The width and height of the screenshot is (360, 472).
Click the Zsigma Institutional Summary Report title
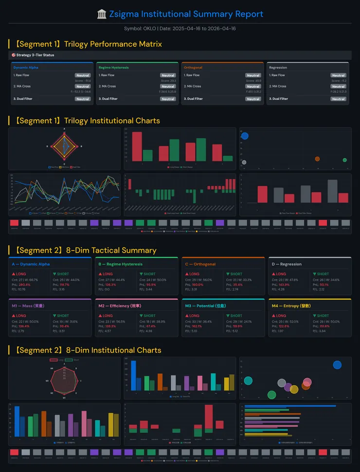click(180, 14)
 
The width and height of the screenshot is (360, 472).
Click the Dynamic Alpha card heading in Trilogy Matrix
click(26, 68)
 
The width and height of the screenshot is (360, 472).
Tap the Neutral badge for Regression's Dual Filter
click(338, 99)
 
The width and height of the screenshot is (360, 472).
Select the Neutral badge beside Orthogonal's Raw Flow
click(253, 75)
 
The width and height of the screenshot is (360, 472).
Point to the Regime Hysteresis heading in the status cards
click(113, 68)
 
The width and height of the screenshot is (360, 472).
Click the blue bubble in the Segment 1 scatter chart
click(245, 136)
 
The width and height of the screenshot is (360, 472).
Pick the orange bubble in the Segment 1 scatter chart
click(317, 159)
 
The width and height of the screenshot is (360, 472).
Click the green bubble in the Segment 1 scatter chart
click(344, 160)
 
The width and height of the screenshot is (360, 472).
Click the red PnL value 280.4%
click(24, 285)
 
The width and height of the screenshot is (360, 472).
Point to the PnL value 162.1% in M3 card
click(198, 326)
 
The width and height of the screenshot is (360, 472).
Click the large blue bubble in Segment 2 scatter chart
click(337, 365)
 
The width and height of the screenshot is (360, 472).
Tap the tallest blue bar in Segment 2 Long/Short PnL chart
click(133, 375)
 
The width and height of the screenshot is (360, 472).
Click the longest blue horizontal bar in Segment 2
click(290, 406)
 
